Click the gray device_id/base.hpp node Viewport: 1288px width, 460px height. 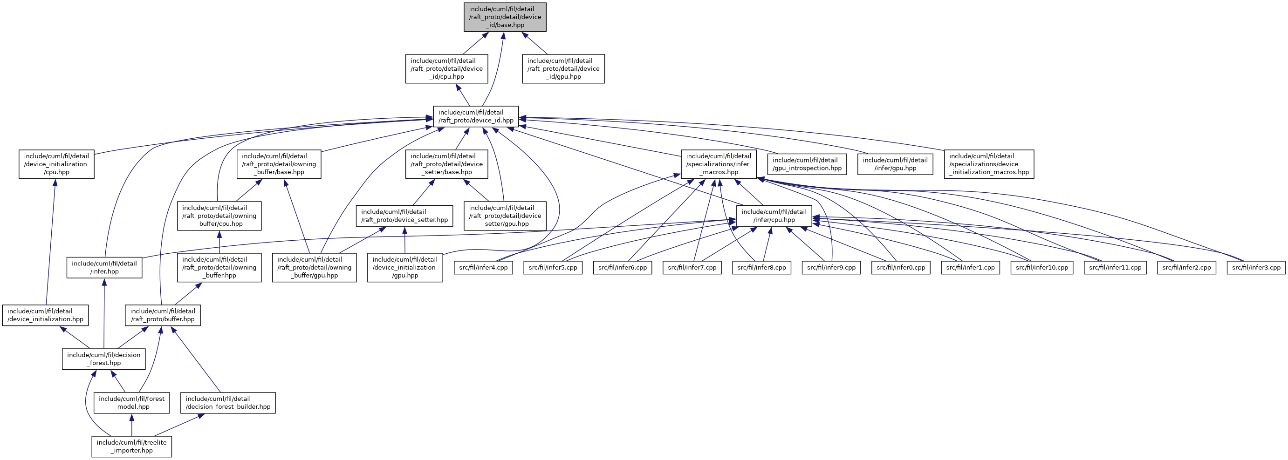(x=505, y=17)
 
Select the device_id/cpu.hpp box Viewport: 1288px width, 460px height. (x=446, y=69)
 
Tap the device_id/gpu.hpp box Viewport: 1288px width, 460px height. (x=563, y=69)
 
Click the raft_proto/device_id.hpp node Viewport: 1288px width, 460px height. (x=475, y=116)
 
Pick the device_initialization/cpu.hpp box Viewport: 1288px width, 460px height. (x=56, y=164)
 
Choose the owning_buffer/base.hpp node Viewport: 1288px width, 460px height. (x=279, y=164)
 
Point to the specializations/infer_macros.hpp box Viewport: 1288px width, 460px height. (x=719, y=164)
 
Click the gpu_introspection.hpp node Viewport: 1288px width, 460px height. (x=807, y=164)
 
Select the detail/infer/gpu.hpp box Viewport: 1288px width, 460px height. (x=895, y=164)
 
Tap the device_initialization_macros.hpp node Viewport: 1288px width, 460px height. (x=988, y=164)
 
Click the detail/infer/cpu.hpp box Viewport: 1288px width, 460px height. (x=774, y=216)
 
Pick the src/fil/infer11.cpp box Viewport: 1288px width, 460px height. (x=1115, y=268)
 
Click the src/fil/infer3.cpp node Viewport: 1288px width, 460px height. (x=1256, y=268)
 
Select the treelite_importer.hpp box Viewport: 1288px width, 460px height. (x=131, y=446)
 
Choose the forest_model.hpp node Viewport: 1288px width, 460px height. (x=131, y=403)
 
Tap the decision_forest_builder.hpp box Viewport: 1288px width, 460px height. (x=228, y=403)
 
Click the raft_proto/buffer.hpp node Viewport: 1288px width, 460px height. (x=163, y=315)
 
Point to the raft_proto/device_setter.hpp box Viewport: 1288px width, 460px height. (x=404, y=216)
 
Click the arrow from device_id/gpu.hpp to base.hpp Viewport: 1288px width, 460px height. (x=535, y=43)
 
